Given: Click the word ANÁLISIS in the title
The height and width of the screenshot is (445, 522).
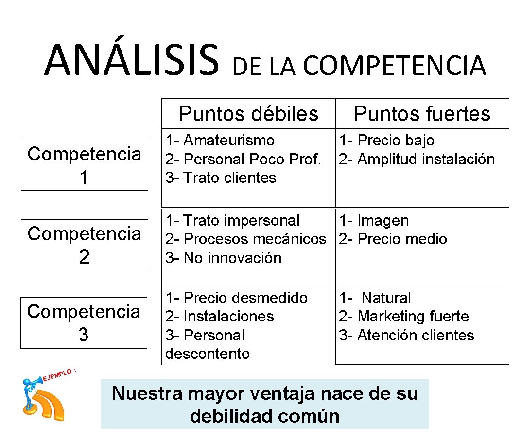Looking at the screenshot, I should pos(131,61).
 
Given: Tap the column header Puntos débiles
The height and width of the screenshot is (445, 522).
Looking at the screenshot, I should pos(248,114).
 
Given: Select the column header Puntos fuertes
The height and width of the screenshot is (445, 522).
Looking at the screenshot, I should pos(422,114).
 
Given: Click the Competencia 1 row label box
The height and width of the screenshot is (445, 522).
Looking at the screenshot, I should pos(84,165).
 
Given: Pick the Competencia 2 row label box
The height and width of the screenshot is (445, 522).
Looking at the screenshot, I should pos(84,245).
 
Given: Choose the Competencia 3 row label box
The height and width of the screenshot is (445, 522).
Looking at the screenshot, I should pos(84,322).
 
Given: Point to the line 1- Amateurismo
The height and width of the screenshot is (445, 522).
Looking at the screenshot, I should pos(220,141).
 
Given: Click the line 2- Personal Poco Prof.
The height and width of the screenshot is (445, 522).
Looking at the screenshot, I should pos(243,159).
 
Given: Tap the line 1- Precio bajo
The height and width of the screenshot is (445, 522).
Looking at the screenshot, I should pos(386,141).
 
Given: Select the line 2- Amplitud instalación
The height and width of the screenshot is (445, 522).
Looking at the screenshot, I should pos(417,159).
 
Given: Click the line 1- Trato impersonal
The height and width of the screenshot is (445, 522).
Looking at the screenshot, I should pos(232,221).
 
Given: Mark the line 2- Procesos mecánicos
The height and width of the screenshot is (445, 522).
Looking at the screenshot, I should pos(245,239).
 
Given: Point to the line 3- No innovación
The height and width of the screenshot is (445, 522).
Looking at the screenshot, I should pos(223,258).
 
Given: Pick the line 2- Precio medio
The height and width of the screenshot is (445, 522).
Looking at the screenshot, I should pos(393,239).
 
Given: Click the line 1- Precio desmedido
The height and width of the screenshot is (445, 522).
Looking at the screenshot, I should pos(236,298).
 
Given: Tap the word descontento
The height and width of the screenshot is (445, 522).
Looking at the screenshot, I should pos(208,354).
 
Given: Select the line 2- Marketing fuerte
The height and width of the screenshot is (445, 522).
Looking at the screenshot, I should pos(403,317).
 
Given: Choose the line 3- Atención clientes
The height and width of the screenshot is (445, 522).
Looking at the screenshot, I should pos(406,335).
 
